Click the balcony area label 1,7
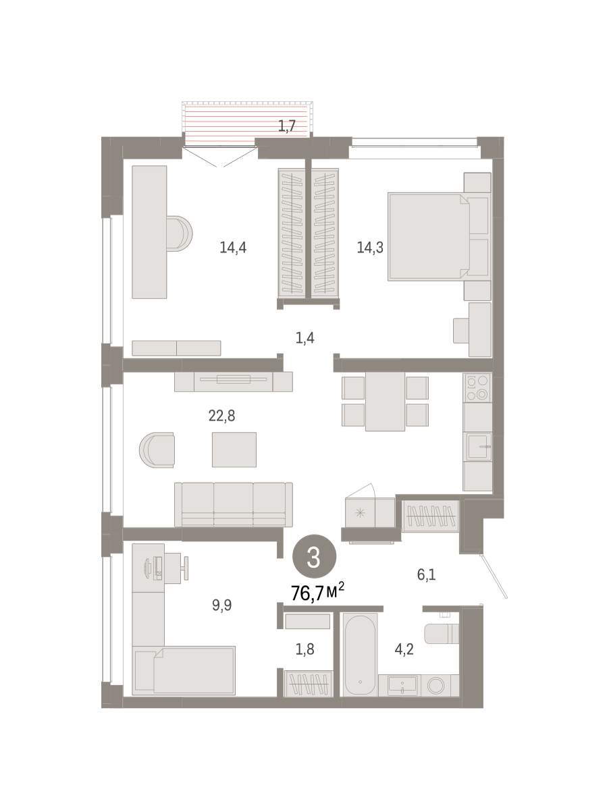(x=287, y=126)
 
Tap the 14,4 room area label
(x=233, y=247)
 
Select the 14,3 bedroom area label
(x=370, y=247)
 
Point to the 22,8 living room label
(x=221, y=416)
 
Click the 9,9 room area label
(x=221, y=605)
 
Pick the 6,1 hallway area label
(x=426, y=574)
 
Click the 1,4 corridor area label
(x=305, y=337)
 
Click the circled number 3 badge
(x=314, y=558)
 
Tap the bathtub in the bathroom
(x=360, y=655)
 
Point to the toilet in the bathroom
(x=442, y=633)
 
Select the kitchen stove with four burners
(x=477, y=387)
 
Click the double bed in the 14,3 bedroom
(x=429, y=236)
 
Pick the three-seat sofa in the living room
(x=233, y=504)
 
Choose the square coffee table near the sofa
(x=234, y=450)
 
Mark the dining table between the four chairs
(x=385, y=402)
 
